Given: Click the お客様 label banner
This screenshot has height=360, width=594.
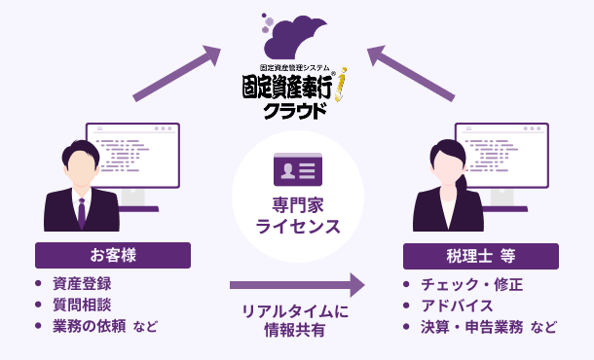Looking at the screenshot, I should coord(113,256).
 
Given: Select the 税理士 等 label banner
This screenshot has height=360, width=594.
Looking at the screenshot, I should coord(480,256).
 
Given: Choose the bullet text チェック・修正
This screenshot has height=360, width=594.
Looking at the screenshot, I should coord(471,284).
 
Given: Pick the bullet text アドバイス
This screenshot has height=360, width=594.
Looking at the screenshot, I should coord(457,305).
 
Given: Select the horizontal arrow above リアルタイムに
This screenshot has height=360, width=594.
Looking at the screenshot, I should coord(296,285).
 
